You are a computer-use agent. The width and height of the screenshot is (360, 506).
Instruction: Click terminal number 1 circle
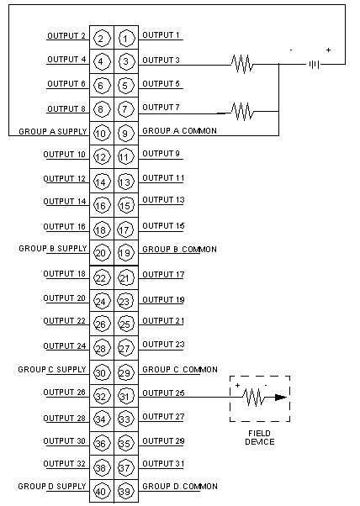tap(126, 39)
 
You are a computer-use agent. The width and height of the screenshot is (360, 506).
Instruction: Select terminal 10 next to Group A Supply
tap(102, 134)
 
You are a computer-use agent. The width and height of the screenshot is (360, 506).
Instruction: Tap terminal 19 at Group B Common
tap(126, 253)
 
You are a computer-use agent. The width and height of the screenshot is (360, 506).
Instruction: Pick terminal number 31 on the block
tap(126, 396)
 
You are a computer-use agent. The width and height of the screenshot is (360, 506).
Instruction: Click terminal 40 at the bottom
tap(102, 491)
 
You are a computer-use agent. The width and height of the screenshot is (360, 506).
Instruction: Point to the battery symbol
tap(314, 65)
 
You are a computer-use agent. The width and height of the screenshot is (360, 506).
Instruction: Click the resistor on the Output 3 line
tap(242, 64)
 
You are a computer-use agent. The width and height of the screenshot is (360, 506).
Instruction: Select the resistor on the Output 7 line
tap(242, 112)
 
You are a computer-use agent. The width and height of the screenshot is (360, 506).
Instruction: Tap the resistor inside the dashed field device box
tap(254, 398)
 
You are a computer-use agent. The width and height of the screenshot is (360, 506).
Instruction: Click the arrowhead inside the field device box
tap(281, 398)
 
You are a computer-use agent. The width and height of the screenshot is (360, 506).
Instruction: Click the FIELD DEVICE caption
tap(260, 438)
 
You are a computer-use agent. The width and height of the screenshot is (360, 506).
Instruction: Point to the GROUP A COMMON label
tap(179, 130)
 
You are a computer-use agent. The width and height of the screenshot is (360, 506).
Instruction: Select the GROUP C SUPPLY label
tap(52, 369)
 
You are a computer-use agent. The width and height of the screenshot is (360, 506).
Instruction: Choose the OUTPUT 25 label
tap(163, 393)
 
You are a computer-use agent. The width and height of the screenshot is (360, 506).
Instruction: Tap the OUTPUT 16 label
tap(64, 227)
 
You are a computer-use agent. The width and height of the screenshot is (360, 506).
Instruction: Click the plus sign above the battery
tap(328, 50)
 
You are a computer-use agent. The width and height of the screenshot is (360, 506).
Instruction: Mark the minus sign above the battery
tap(291, 50)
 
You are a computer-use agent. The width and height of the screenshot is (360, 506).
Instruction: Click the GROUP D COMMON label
tap(180, 487)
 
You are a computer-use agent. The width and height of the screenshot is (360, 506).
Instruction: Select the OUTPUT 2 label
tap(66, 35)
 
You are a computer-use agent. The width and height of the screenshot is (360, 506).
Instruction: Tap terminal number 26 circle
tap(102, 324)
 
